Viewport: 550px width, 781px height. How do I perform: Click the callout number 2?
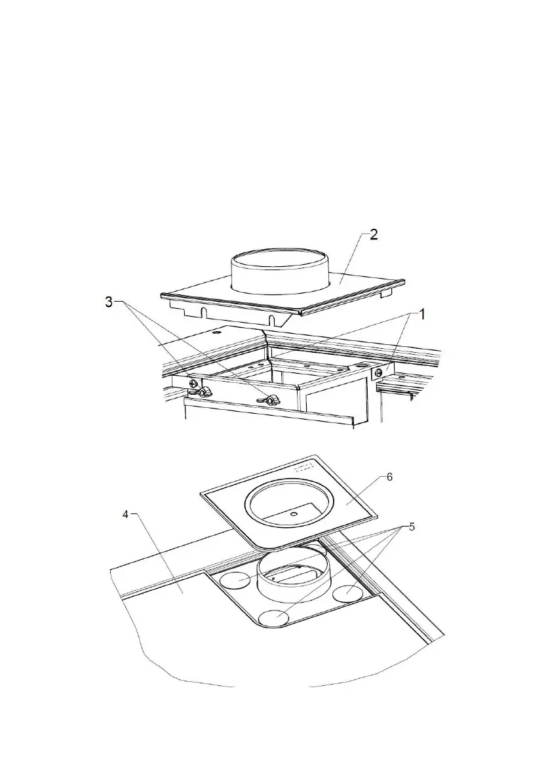click(x=372, y=235)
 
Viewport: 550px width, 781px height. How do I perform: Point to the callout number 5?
click(x=411, y=527)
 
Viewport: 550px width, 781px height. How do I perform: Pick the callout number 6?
click(x=389, y=477)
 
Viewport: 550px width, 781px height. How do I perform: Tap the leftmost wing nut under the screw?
click(x=203, y=392)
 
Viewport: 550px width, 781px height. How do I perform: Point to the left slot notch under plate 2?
click(x=204, y=309)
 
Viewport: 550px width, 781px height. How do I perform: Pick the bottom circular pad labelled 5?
click(x=275, y=616)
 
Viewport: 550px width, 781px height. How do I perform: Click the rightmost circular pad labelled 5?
click(x=349, y=593)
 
